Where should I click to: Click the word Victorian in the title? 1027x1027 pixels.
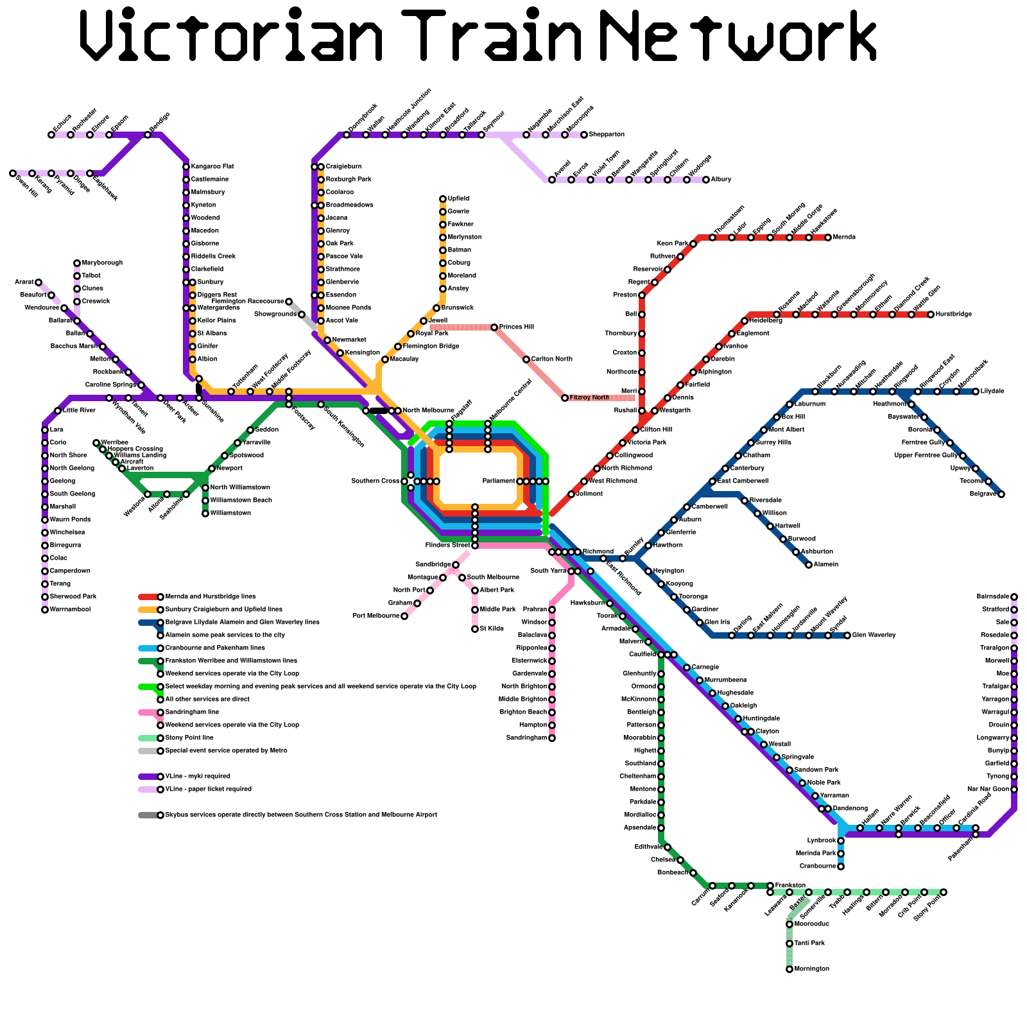click(x=231, y=37)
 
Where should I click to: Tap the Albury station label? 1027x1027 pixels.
click(x=721, y=180)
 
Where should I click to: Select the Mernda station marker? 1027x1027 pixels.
click(x=828, y=237)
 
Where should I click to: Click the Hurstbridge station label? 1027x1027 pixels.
click(x=954, y=315)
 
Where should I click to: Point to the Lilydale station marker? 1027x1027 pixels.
click(x=976, y=392)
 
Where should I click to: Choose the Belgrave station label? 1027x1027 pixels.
click(x=982, y=494)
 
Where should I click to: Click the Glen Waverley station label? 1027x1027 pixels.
click(x=875, y=635)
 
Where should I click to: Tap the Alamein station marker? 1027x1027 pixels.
click(x=809, y=565)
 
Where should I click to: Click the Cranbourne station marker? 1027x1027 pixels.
click(x=841, y=867)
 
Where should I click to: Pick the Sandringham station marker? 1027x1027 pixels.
click(x=552, y=738)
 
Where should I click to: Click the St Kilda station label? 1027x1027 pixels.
click(x=490, y=629)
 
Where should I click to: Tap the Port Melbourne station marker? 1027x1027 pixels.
click(x=404, y=616)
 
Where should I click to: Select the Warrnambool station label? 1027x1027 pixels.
click(x=70, y=610)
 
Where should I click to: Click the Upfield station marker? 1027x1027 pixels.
click(x=443, y=199)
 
